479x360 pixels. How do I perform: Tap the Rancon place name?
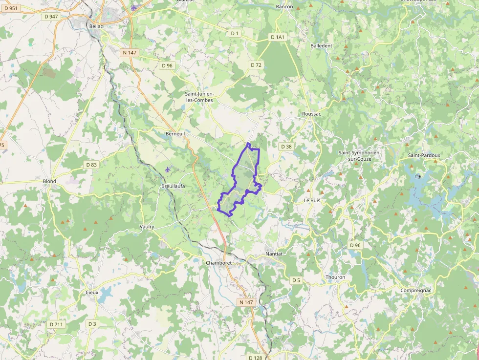click(284, 6)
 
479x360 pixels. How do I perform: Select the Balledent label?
click(321, 45)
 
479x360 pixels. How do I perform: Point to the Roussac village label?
click(311, 113)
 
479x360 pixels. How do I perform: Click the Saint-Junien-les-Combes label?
click(199, 97)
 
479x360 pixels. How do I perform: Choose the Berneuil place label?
click(175, 133)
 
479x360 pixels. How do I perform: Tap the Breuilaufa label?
click(173, 186)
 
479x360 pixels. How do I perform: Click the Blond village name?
click(49, 181)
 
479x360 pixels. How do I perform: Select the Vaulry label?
click(147, 227)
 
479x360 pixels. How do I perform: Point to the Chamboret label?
click(218, 263)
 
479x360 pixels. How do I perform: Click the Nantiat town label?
click(274, 254)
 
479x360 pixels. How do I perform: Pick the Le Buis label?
click(311, 200)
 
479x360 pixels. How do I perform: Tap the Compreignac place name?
click(415, 290)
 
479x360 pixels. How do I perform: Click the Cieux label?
click(92, 293)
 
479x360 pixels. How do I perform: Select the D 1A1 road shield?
click(277, 37)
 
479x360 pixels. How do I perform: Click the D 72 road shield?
click(256, 65)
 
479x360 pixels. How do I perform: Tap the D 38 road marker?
click(286, 147)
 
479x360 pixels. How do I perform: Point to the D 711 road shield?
click(56, 324)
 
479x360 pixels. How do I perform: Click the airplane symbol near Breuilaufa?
click(168, 169)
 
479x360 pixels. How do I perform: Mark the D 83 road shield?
click(91, 165)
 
